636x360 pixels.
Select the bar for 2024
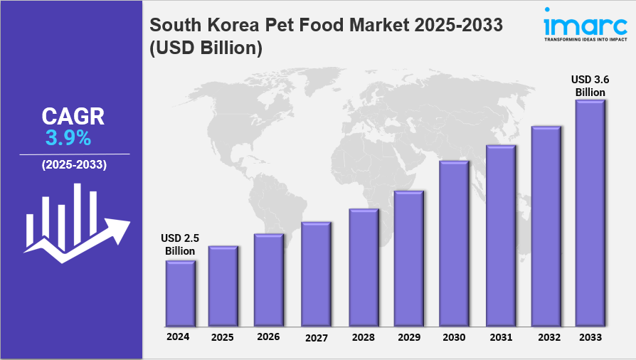(x=181, y=292)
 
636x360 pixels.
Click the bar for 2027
(x=316, y=273)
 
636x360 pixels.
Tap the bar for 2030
(x=454, y=243)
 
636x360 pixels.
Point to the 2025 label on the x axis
(x=223, y=337)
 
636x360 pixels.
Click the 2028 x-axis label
(x=363, y=337)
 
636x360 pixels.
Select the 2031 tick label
(x=501, y=337)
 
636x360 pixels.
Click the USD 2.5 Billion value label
(x=180, y=245)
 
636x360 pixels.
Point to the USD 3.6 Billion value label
(x=590, y=85)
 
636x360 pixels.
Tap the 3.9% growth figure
(x=68, y=137)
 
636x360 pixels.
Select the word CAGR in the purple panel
(x=73, y=116)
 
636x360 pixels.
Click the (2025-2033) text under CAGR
(x=74, y=165)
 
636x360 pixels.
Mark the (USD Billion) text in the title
(x=206, y=48)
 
